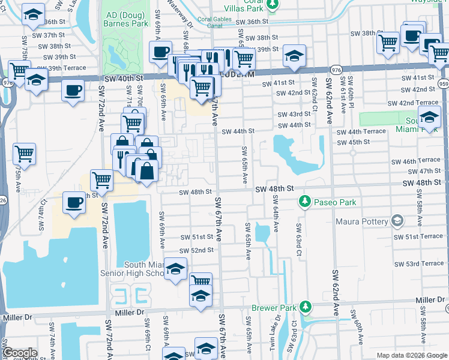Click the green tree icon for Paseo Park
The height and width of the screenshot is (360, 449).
(305, 200)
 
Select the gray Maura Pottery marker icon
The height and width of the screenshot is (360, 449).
(396, 221)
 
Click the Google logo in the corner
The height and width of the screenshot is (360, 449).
(19, 353)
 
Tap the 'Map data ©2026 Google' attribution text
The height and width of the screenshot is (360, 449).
(411, 355)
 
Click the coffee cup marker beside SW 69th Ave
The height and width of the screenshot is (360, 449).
(160, 52)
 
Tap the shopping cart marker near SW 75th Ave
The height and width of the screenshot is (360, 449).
(24, 154)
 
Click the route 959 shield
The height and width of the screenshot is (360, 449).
(443, 83)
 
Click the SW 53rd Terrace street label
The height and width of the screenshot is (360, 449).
(418, 264)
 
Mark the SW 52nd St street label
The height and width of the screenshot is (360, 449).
(197, 250)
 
